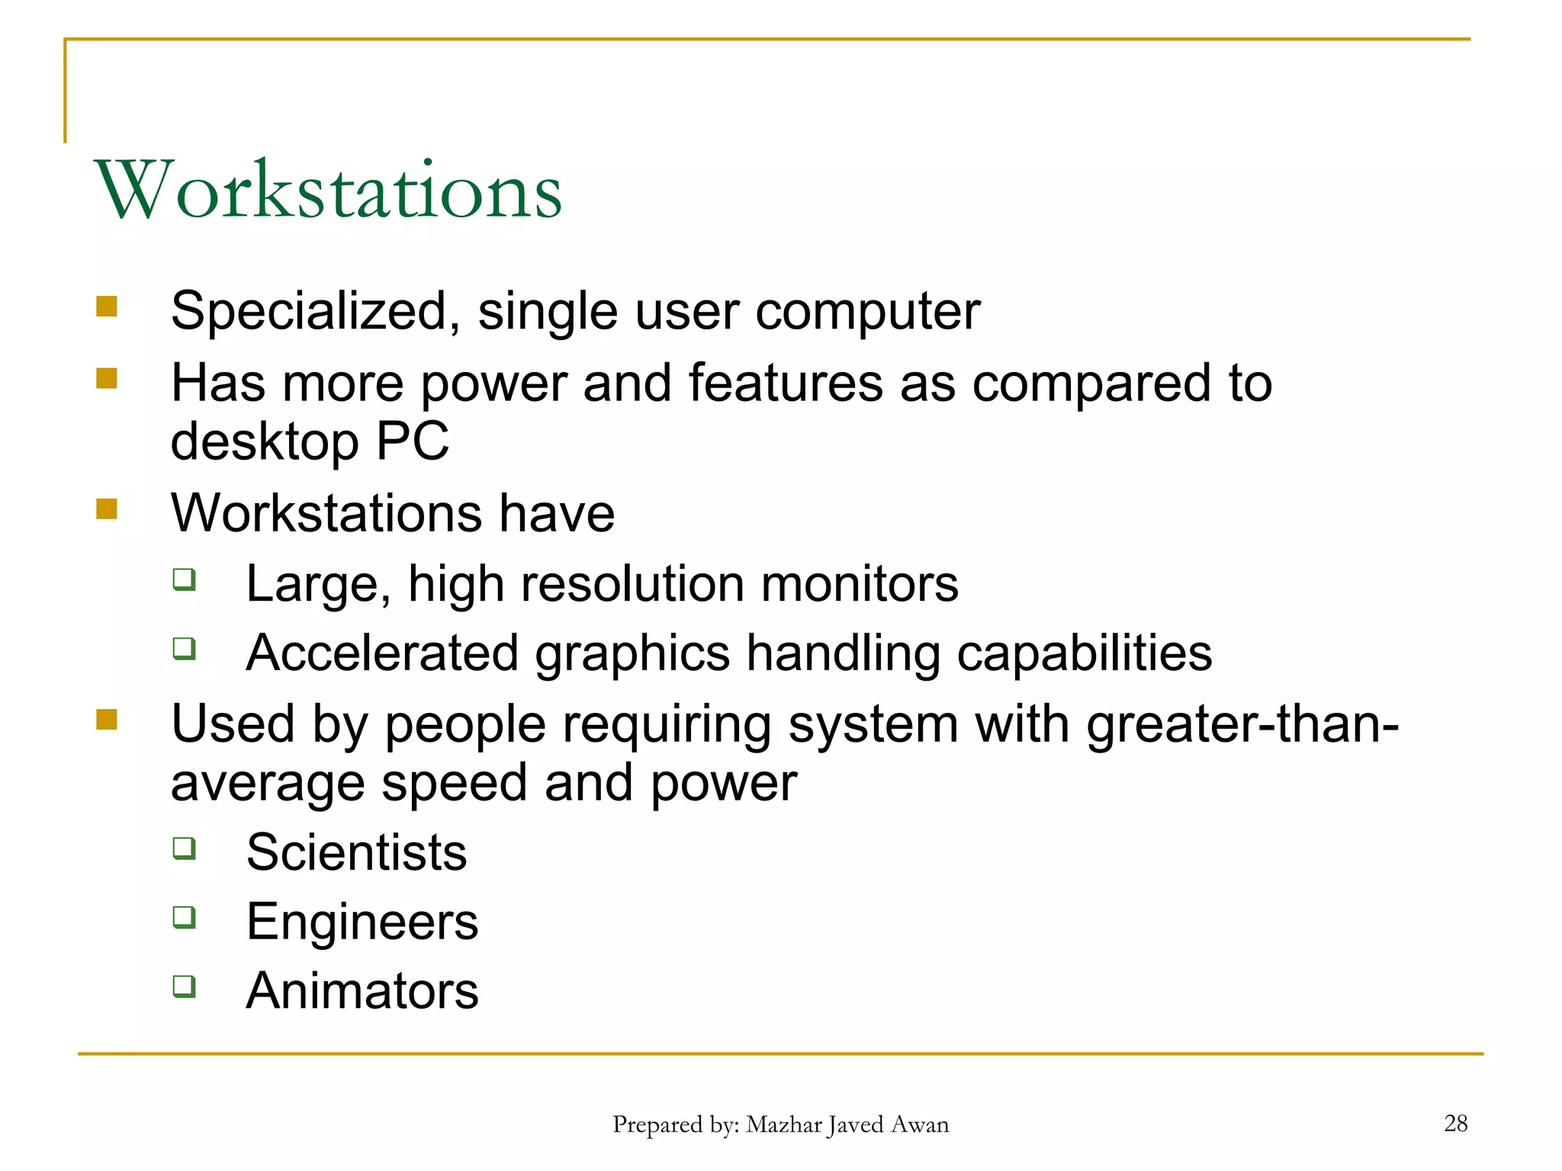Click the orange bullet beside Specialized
[x=107, y=306]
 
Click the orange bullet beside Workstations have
[x=107, y=509]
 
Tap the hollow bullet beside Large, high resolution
[x=184, y=579]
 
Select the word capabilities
[x=1084, y=653]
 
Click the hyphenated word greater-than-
[x=1242, y=723]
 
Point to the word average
[x=268, y=784]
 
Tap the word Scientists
[x=356, y=852]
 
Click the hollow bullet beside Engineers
[x=184, y=917]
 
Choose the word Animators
[x=362, y=991]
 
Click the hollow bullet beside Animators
[x=184, y=987]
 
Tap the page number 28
[x=1455, y=1123]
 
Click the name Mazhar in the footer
[x=784, y=1124]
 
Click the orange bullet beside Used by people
[x=107, y=719]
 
